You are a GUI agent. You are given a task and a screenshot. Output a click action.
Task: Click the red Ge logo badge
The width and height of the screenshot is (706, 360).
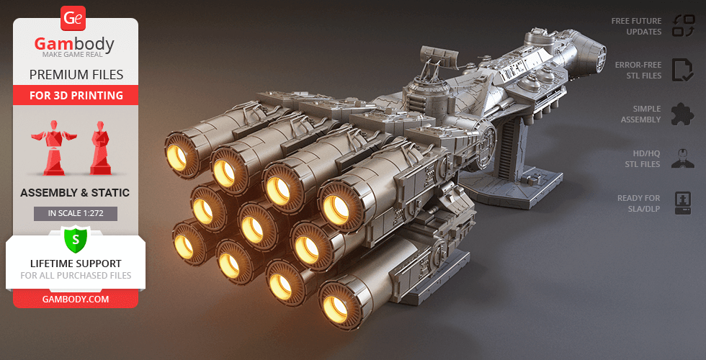coord(73,19)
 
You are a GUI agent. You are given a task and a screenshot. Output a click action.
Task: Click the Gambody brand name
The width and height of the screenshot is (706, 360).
coord(74,44)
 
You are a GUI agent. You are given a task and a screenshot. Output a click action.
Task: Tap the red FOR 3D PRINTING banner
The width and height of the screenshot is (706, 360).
coord(76,95)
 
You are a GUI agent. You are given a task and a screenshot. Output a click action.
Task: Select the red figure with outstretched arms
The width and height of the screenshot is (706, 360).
coord(53,147)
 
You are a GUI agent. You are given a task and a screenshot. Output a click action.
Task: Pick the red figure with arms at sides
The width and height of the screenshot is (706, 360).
coord(100,147)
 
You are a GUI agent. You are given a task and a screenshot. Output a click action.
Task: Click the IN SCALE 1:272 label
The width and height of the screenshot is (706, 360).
coord(76,213)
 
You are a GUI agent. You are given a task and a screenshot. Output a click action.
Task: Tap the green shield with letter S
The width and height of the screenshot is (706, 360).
coord(76,239)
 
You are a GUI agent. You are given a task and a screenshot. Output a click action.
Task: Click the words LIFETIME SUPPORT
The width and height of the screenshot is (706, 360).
coord(76,264)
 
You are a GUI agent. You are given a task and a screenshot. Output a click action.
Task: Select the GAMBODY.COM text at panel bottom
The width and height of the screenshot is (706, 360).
coord(76,300)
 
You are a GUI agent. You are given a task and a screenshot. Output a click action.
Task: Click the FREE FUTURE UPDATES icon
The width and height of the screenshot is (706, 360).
coord(683,26)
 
